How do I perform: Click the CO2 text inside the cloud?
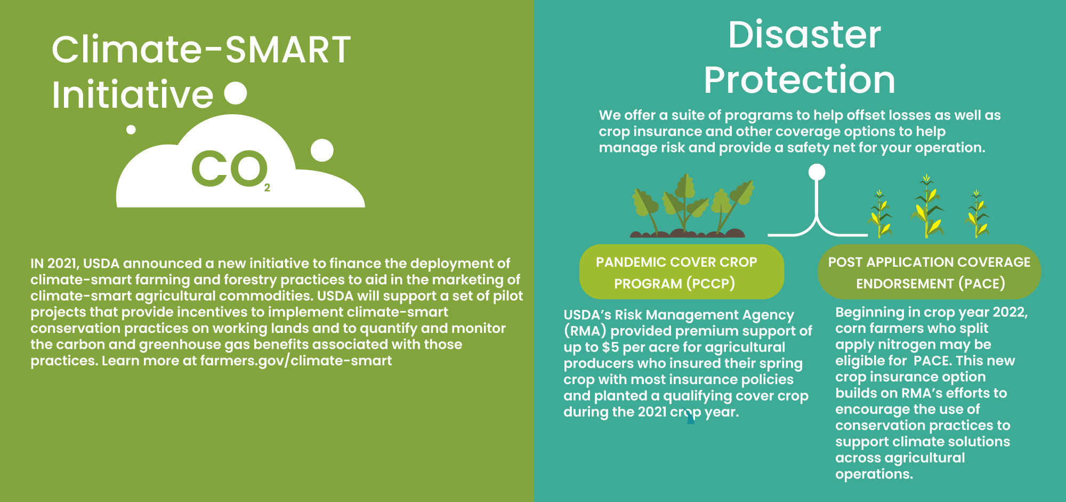tap(231, 169)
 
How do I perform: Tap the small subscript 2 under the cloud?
tap(267, 188)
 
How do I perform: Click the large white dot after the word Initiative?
tap(236, 93)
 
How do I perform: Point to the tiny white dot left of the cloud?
tap(131, 130)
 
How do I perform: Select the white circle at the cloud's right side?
tap(322, 150)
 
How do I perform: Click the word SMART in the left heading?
tap(288, 50)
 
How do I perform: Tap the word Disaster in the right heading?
tap(804, 35)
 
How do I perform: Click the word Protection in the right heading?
tap(799, 80)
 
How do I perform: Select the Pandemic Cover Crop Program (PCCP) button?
tap(682, 272)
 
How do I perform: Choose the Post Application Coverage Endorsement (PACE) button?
tap(929, 272)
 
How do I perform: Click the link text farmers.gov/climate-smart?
tap(296, 361)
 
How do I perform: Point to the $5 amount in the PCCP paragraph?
tap(610, 347)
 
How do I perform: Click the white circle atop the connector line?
tap(817, 172)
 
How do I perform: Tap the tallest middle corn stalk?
tap(927, 206)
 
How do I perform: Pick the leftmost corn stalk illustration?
tap(880, 213)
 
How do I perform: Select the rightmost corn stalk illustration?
tap(976, 213)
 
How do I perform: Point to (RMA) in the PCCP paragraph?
tap(585, 331)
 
